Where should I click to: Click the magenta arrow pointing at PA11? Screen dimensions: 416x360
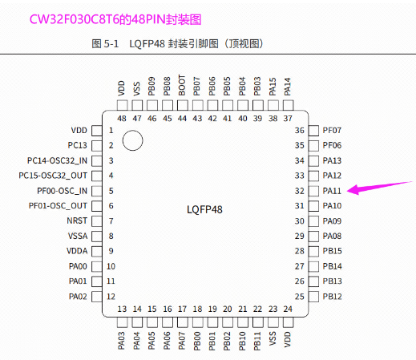pyautogui.click(x=379, y=187)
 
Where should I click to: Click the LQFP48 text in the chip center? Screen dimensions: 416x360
pyautogui.click(x=204, y=209)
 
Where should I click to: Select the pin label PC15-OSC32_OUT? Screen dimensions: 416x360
pyautogui.click(x=53, y=176)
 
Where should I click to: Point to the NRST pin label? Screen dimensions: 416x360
pyautogui.click(x=77, y=220)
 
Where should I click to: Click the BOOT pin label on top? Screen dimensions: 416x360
pyautogui.click(x=182, y=85)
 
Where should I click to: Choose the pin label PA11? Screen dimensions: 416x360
pyautogui.click(x=332, y=191)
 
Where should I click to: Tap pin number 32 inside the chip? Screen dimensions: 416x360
pyautogui.click(x=300, y=191)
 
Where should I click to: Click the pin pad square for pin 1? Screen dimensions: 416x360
pyautogui.click(x=97, y=131)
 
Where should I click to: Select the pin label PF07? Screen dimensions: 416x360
pyautogui.click(x=332, y=131)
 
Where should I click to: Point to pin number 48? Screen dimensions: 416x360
pyautogui.click(x=122, y=119)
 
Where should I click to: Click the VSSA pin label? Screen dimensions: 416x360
pyautogui.click(x=78, y=236)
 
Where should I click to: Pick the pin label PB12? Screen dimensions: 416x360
pyautogui.click(x=332, y=297)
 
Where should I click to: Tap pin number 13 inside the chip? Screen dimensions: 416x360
pyautogui.click(x=122, y=309)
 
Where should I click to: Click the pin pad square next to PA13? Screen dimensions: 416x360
pyautogui.click(x=313, y=161)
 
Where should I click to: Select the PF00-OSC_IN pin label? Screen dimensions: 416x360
pyautogui.click(x=62, y=191)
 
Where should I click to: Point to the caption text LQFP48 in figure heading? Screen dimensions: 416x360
pyautogui.click(x=147, y=44)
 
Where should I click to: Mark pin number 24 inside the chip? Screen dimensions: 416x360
pyautogui.click(x=288, y=309)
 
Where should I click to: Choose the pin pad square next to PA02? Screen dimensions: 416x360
pyautogui.click(x=97, y=297)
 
